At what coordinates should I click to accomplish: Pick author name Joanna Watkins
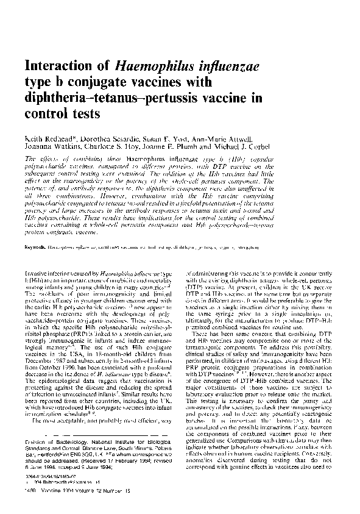(x=51, y=148)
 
